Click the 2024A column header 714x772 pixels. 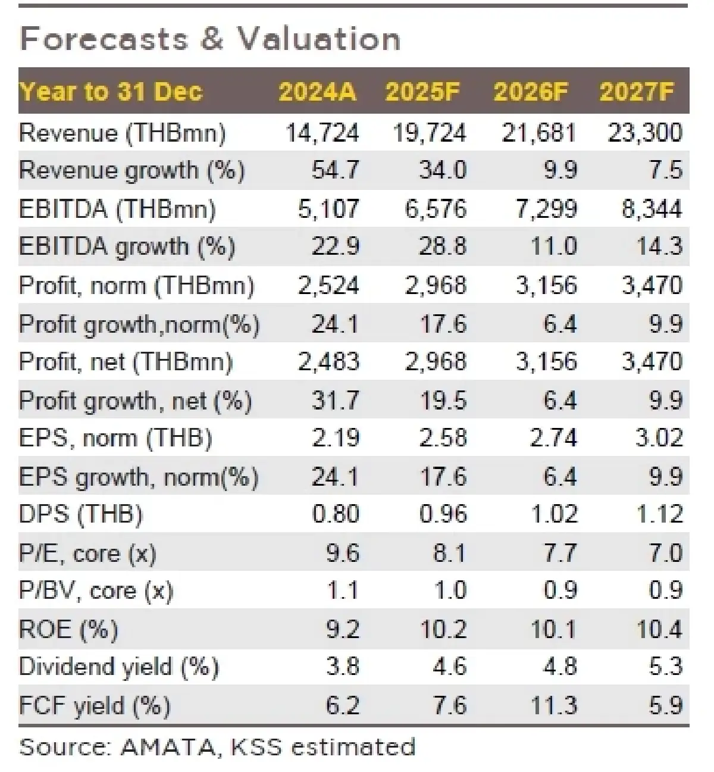317,92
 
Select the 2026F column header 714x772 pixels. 531,92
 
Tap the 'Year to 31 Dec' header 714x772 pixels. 111,92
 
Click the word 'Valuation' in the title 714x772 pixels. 320,39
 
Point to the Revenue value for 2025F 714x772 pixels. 429,132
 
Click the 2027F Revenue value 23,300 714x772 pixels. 645,132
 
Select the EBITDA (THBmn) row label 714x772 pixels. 117,209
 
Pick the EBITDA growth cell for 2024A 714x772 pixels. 336,247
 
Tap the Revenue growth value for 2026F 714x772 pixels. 560,171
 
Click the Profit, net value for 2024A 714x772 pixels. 328,362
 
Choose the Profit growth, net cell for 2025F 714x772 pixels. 443,401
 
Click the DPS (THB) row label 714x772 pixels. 81,515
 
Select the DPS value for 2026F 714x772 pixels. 554,515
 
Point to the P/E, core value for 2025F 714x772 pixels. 449,554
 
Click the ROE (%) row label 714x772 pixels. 68,630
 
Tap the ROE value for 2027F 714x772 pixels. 659,630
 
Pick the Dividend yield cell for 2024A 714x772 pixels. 343,667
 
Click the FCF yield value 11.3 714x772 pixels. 553,706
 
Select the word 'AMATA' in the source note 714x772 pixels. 168,746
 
